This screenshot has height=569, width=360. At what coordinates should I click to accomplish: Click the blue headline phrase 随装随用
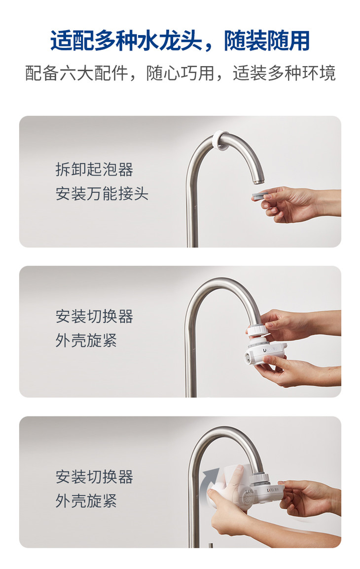[266, 40]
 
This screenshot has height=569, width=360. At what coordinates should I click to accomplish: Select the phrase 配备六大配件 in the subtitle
[76, 73]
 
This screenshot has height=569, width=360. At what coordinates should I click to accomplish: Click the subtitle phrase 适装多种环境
[284, 73]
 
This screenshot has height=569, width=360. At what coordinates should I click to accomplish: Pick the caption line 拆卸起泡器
[94, 169]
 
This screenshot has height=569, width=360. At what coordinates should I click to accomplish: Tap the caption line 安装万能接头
[102, 193]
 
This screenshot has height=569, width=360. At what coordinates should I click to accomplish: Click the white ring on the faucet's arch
[220, 141]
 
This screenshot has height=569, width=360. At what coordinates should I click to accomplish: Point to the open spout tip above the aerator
[258, 181]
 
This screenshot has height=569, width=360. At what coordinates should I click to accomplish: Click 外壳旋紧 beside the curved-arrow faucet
[86, 501]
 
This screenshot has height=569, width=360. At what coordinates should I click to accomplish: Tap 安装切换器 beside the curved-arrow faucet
[94, 477]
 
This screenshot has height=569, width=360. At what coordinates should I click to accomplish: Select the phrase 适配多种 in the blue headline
[94, 40]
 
